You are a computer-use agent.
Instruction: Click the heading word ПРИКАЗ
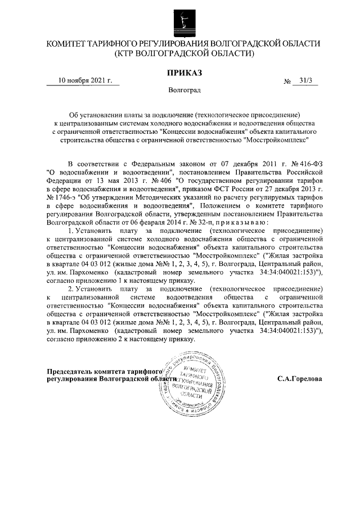[184, 71]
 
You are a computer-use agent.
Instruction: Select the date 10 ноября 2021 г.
[85, 80]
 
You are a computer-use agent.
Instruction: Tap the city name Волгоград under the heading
[184, 90]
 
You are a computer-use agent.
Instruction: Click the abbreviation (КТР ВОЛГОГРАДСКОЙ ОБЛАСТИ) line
[184, 54]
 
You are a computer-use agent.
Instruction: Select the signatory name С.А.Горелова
[300, 379]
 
